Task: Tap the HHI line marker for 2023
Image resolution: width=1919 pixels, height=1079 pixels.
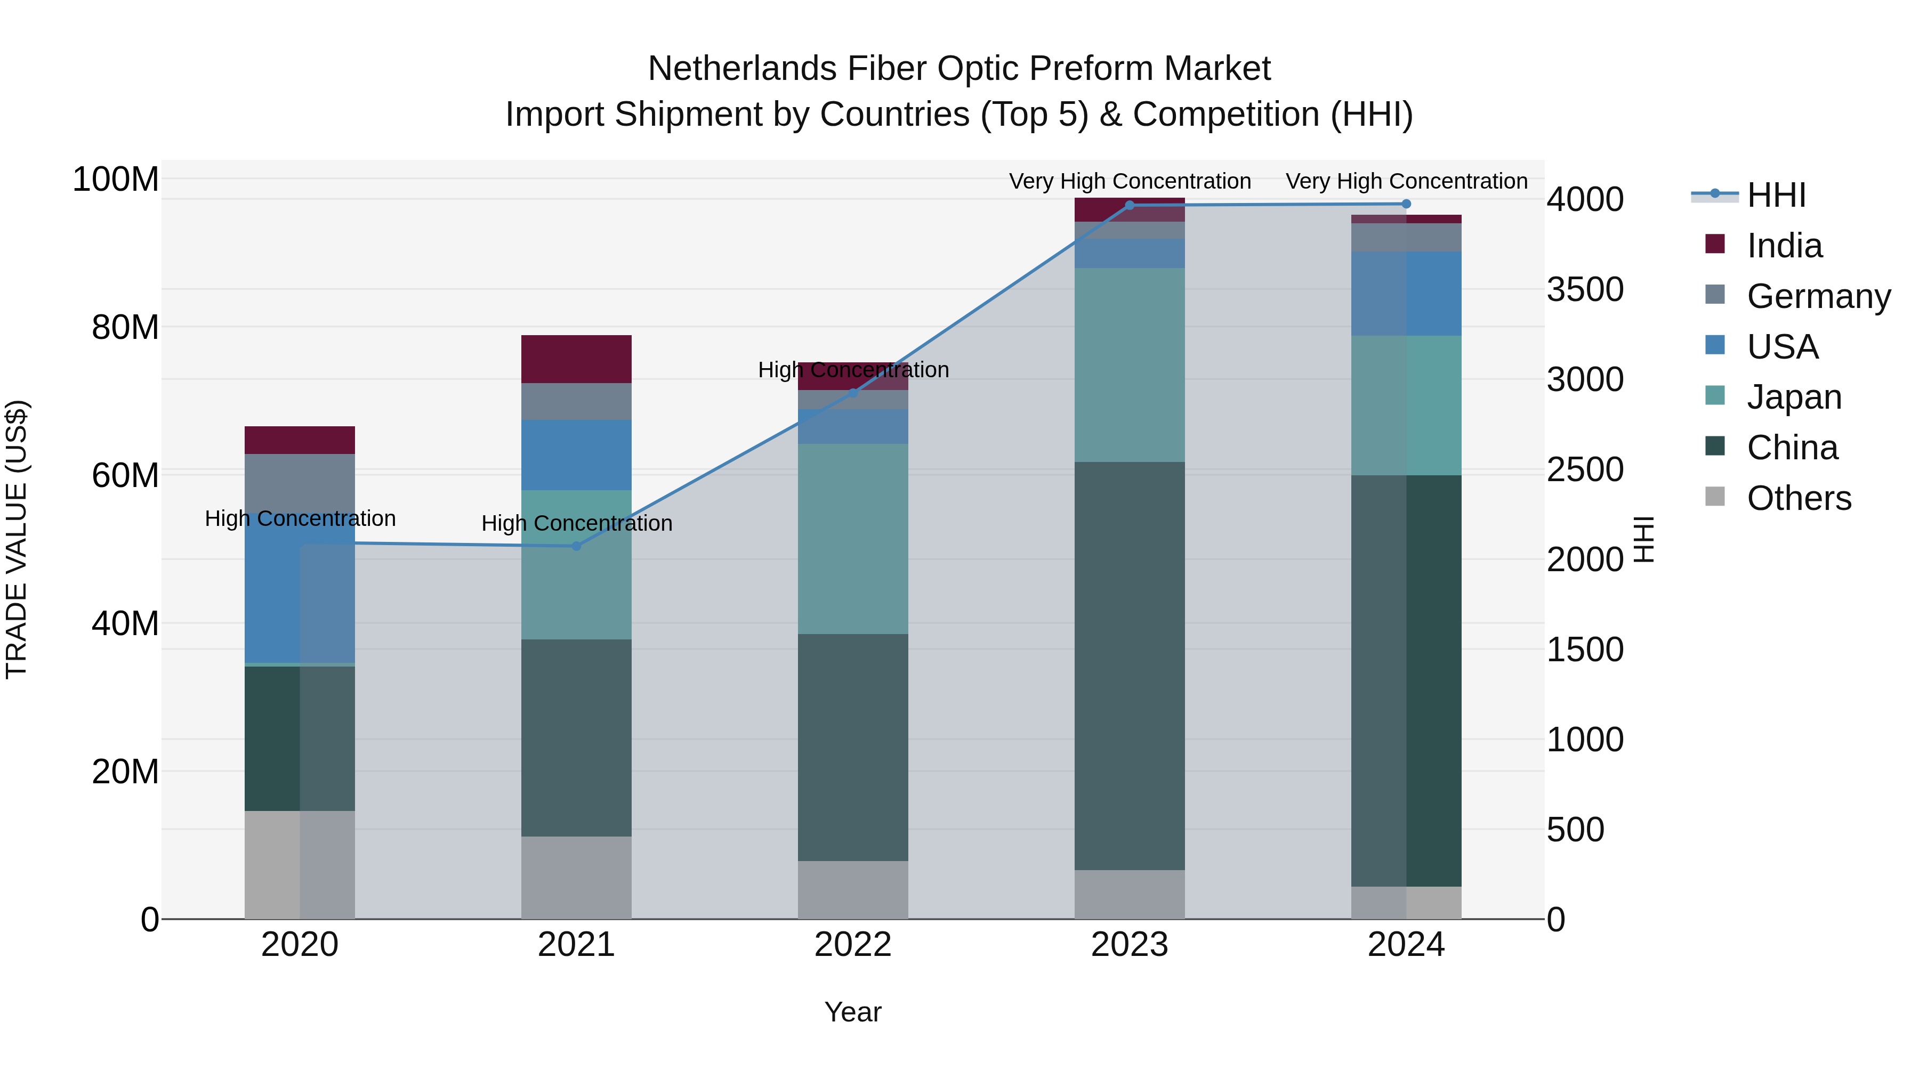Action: tap(1130, 206)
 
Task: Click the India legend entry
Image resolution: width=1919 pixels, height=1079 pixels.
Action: tap(1784, 246)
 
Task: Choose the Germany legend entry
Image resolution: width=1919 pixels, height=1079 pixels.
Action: tap(1818, 296)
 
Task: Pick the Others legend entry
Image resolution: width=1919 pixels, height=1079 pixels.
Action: tap(1799, 498)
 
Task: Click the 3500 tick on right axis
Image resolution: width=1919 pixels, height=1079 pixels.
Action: tap(1585, 290)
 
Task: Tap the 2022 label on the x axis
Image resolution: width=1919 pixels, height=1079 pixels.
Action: tap(852, 945)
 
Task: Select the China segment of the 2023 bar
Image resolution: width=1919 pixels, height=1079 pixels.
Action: tap(1130, 665)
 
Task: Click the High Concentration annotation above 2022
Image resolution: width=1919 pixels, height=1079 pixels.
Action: tap(853, 370)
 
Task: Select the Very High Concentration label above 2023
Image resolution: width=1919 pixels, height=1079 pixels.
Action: tap(1130, 182)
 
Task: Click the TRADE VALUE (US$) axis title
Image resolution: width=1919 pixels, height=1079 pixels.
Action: tap(17, 539)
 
